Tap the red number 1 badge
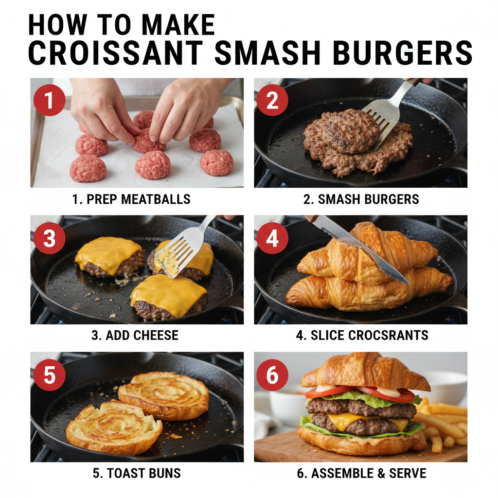49,100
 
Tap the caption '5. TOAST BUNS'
137,473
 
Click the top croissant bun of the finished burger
365,372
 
